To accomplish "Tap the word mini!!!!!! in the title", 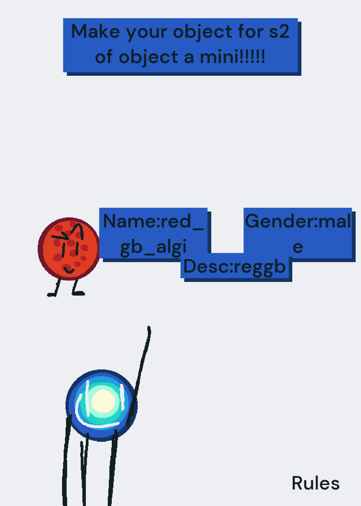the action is tap(232, 57).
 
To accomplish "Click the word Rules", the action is tap(315, 483).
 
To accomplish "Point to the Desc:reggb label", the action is tap(235, 267).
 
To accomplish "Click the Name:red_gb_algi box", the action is tap(153, 233).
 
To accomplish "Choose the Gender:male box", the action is tap(297, 233).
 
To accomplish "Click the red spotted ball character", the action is tap(69, 249).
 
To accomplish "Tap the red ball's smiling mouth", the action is tap(69, 270).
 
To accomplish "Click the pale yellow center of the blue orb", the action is tap(103, 401).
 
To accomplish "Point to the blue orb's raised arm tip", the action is tap(149, 328).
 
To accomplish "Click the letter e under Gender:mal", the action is tap(297, 247).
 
